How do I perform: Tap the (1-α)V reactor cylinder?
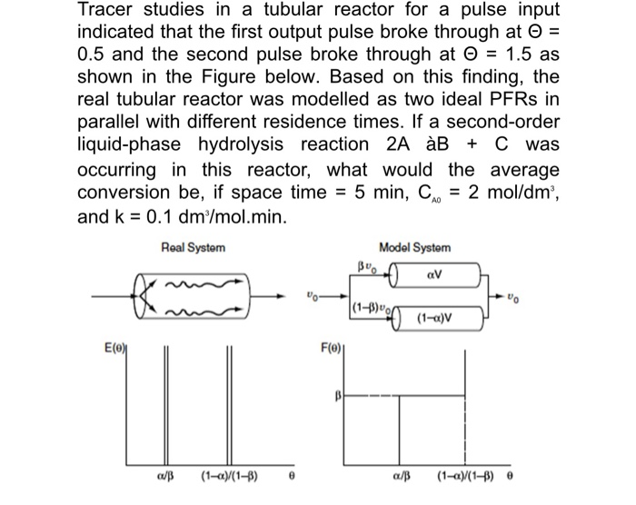click(x=432, y=319)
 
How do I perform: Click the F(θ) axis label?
click(x=330, y=346)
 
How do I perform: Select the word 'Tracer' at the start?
click(x=106, y=12)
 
